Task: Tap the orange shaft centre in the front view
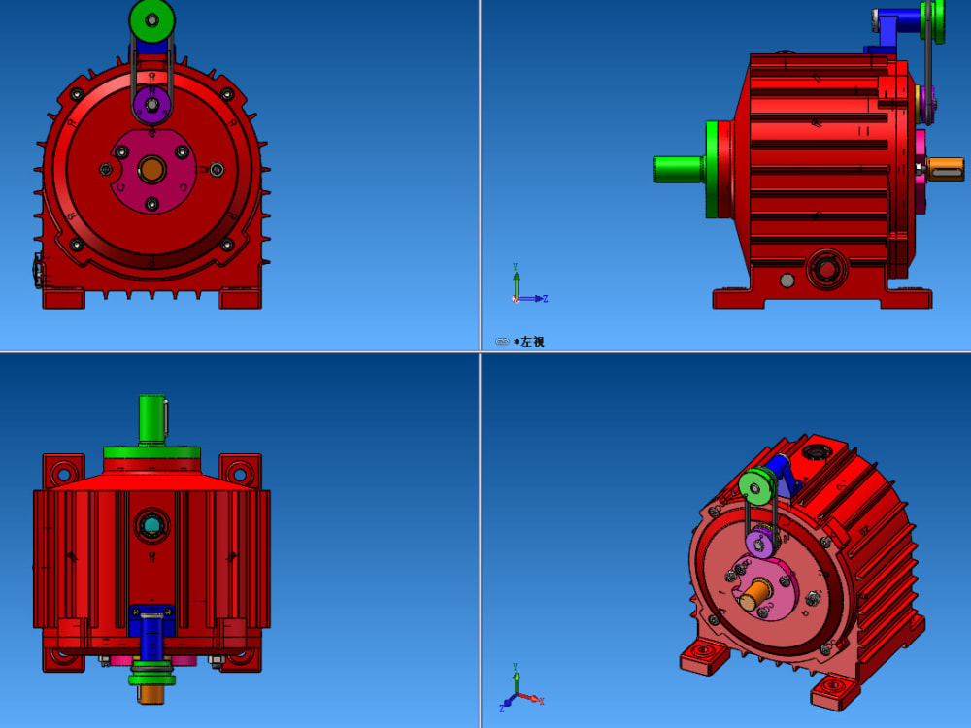coord(152,170)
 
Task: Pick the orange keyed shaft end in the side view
coord(945,169)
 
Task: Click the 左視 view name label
coord(532,342)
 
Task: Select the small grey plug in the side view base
coord(787,281)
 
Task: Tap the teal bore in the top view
coord(152,525)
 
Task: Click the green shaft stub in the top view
coord(151,417)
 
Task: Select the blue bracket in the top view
coord(152,636)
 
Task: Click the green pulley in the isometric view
coord(755,486)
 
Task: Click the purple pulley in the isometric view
coord(757,543)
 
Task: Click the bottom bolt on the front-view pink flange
coord(151,204)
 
